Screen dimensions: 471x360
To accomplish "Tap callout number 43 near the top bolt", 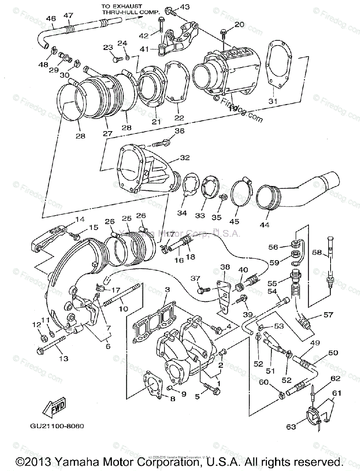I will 185,7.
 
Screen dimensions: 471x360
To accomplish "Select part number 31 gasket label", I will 273,101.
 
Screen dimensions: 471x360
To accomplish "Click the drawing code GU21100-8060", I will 57,426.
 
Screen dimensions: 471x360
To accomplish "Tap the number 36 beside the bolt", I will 179,131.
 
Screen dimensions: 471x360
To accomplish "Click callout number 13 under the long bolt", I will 64,358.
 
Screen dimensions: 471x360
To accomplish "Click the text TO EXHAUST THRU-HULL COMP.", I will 130,9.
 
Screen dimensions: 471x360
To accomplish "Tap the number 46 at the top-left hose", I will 51,18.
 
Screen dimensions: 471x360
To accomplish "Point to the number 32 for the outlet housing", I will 185,158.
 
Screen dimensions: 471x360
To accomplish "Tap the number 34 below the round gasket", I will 182,213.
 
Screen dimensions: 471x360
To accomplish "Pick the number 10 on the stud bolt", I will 124,309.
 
